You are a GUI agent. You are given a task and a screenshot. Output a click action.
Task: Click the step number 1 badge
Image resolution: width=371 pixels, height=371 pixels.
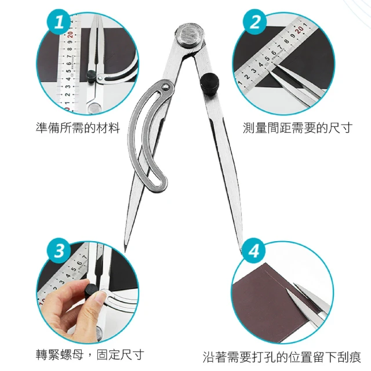coord(59,23)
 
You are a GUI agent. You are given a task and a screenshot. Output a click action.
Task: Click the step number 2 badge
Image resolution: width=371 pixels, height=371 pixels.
coord(255,22)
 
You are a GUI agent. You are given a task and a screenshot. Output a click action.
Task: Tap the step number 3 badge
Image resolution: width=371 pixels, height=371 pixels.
coord(59,250)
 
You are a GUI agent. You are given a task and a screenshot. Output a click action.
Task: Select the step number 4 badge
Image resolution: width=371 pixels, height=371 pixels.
coord(254,250)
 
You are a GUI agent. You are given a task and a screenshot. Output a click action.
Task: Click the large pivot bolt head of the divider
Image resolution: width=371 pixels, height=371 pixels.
coord(190,36)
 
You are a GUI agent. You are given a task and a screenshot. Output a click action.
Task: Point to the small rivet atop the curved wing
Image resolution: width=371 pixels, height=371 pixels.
coord(166,87)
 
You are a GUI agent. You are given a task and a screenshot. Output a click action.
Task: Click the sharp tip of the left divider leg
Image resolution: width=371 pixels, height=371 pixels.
coord(125,250)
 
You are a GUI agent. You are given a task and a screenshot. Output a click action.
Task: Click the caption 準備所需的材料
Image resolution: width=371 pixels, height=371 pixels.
coord(78,128)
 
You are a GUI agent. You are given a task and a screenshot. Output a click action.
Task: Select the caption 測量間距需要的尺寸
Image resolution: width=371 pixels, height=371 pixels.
coord(297,128)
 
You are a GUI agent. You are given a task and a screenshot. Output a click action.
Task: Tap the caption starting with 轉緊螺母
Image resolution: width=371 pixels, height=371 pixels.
coord(90,354)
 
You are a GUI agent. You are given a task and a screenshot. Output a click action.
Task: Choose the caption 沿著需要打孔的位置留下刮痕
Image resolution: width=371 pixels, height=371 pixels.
coord(282,357)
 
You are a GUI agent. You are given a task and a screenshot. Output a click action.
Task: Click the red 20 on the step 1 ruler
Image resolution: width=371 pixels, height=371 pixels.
coord(70,35)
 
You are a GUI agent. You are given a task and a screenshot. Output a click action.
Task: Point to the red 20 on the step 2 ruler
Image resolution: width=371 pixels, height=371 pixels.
coord(300,30)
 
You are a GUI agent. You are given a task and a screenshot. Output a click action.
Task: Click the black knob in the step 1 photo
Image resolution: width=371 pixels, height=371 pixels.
coord(92,76)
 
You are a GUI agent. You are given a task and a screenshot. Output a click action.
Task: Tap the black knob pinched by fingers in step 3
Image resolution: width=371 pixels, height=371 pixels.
coord(90,292)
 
